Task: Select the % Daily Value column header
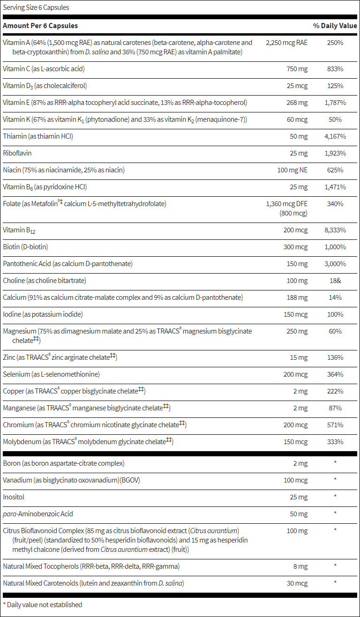(x=335, y=26)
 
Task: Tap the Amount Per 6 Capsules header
(x=40, y=26)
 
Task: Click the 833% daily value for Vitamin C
(x=335, y=69)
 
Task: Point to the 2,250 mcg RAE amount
(x=286, y=43)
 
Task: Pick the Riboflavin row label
(x=17, y=153)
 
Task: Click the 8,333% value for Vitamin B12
(x=335, y=230)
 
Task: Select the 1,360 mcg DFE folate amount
(x=286, y=204)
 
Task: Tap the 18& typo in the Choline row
(x=335, y=281)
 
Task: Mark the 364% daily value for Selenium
(x=335, y=374)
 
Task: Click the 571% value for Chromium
(x=335, y=425)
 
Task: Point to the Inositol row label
(x=14, y=497)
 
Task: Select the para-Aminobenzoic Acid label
(x=38, y=514)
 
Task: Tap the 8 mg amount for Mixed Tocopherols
(x=300, y=566)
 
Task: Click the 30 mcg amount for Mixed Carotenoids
(x=297, y=583)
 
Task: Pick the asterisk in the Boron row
(x=335, y=463)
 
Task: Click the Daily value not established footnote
(x=42, y=605)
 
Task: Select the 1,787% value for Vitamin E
(x=335, y=103)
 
